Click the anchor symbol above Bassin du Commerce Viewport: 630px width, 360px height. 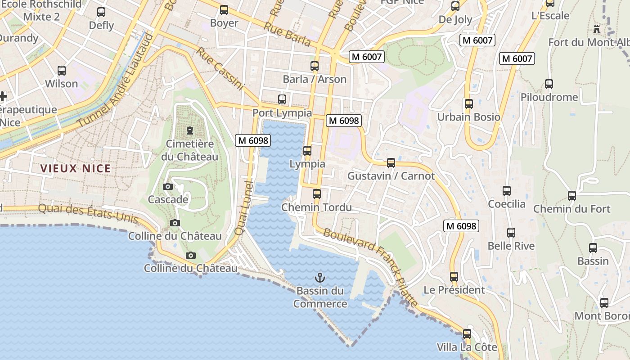(x=320, y=277)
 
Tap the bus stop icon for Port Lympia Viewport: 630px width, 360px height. (x=282, y=99)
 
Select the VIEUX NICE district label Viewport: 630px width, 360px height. (x=75, y=169)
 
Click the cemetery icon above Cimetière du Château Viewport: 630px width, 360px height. (x=190, y=130)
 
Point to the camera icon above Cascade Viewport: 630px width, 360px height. (x=168, y=186)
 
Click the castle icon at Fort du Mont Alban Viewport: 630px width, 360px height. (x=597, y=29)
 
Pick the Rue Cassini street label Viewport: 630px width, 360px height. (x=220, y=68)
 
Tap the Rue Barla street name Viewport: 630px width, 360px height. (x=287, y=34)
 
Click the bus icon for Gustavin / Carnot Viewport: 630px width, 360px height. (x=391, y=162)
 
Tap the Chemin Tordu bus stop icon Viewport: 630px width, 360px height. (x=317, y=194)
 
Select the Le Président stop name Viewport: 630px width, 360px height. (x=454, y=290)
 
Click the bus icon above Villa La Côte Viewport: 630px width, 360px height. (x=467, y=334)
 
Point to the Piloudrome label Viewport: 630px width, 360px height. (x=549, y=97)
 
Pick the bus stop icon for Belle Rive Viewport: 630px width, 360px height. (x=511, y=233)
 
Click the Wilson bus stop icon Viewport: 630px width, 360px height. (x=62, y=71)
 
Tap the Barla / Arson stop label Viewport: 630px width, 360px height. (x=315, y=80)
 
